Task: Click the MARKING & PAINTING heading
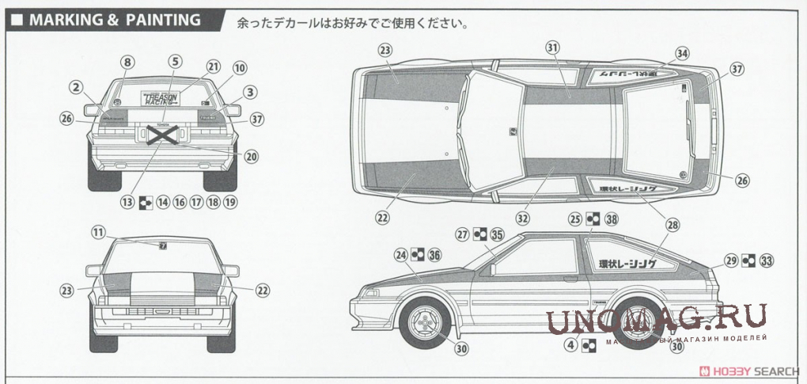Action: [x=115, y=20]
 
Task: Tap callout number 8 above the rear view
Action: [x=128, y=61]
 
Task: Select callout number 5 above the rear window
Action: [x=175, y=61]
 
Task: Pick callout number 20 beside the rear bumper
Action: [x=252, y=157]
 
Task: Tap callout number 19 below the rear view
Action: [x=230, y=202]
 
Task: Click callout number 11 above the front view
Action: [x=97, y=232]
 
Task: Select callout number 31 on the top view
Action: [x=552, y=48]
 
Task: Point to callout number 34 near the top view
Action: [x=682, y=54]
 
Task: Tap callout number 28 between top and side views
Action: [x=672, y=225]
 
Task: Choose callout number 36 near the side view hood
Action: [x=433, y=254]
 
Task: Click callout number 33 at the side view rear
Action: [x=765, y=260]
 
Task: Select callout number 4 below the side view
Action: [x=570, y=344]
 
